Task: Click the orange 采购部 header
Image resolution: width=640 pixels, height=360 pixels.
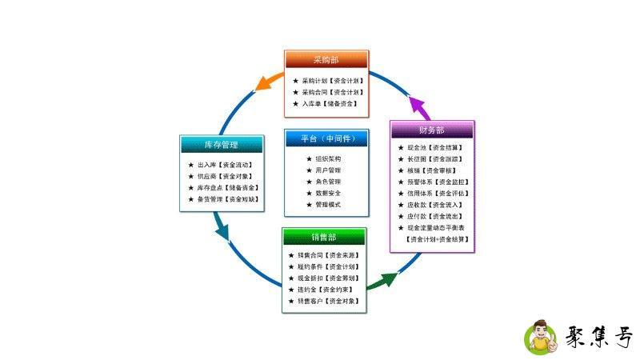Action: coord(326,60)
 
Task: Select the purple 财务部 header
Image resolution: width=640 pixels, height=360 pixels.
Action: coord(432,130)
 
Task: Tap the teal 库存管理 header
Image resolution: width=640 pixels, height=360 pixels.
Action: coord(221,145)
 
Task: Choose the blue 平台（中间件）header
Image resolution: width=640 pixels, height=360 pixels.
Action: coord(328,138)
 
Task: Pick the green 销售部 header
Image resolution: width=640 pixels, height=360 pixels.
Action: coord(324,237)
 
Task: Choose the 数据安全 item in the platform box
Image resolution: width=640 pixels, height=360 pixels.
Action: coord(328,194)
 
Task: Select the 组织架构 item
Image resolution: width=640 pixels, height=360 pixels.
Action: coord(328,159)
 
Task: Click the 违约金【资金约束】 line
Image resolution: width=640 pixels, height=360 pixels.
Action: coord(323,290)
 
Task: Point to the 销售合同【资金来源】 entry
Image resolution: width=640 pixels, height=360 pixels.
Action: coord(323,255)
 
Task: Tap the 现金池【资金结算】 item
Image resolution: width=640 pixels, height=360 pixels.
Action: coord(431,148)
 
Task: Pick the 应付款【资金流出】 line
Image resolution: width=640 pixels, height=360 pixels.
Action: coord(431,216)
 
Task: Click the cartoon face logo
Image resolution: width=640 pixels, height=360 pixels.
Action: coord(542,338)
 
